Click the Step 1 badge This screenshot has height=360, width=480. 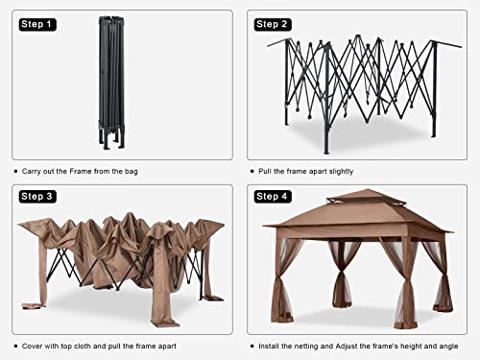37,24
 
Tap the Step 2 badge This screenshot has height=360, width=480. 273,24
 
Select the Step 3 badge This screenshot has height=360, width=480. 37,196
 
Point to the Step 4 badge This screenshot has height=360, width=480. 273,196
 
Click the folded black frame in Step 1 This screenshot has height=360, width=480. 111,83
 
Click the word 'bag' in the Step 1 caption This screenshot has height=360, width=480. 132,172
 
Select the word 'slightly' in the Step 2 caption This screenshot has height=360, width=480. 341,172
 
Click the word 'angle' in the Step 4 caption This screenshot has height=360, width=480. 448,346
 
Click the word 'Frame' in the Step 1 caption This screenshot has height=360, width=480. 81,171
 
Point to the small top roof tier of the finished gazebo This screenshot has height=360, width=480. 367,197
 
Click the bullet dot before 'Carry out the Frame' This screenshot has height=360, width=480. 16,172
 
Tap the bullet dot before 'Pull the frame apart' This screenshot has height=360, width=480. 252,172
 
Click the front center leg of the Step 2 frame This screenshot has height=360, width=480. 326,99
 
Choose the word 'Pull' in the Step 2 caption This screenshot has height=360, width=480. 265,171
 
